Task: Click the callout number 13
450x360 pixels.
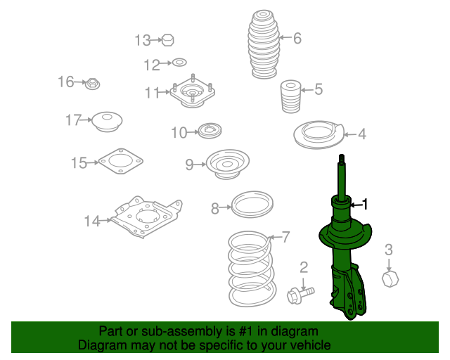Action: (143, 41)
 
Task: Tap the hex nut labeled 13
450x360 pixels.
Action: (167, 40)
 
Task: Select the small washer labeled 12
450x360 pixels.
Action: (179, 63)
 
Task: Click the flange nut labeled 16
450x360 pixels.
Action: (92, 84)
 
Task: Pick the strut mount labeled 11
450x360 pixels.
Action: (192, 91)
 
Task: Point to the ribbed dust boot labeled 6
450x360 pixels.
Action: (264, 44)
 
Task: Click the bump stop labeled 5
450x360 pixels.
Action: (290, 96)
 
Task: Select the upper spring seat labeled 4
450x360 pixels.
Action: (319, 134)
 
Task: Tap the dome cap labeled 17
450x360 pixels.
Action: (108, 122)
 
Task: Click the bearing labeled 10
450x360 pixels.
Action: (210, 131)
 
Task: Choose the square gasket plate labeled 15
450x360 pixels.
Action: (121, 161)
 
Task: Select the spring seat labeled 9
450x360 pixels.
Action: (228, 164)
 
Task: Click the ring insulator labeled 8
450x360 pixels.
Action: (252, 204)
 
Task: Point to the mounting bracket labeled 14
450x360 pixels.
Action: (147, 217)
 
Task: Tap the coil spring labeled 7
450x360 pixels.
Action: (252, 269)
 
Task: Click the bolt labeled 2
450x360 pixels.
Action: (300, 295)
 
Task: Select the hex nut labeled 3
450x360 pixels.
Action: (390, 278)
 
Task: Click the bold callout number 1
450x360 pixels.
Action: (365, 205)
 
